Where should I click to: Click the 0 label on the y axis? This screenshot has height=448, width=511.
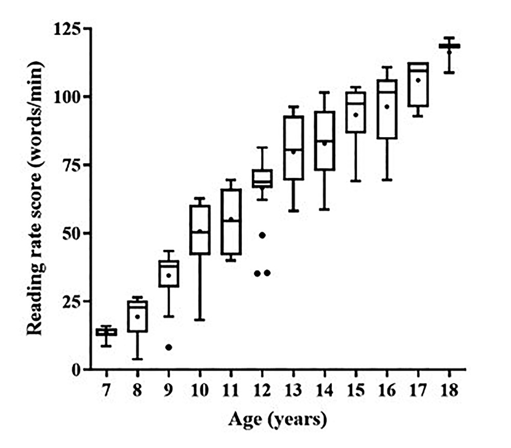click(77, 369)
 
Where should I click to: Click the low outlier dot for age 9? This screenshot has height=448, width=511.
click(168, 347)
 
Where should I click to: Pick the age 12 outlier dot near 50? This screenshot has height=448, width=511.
click(262, 235)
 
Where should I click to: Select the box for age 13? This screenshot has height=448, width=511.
click(293, 148)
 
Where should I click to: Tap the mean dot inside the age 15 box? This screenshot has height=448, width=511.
click(356, 115)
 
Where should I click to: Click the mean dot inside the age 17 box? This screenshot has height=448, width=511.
click(418, 80)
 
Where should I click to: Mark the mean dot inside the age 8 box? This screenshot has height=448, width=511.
click(137, 316)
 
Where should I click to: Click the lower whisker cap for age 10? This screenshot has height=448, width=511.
click(200, 320)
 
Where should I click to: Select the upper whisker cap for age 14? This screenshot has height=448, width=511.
click(325, 93)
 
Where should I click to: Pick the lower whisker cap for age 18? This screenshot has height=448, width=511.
click(449, 73)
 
